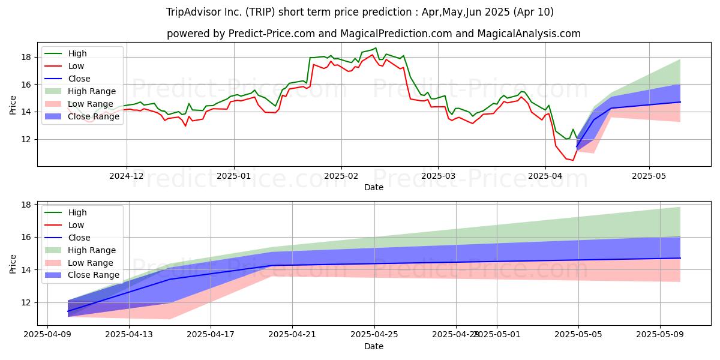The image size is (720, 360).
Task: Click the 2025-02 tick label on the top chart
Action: coord(341,176)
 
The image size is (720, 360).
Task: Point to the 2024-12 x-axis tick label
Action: coord(126,176)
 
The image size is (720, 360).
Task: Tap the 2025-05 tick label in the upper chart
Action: coord(649,176)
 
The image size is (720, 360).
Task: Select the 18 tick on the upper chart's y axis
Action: coord(26,57)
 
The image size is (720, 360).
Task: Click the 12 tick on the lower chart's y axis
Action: coord(26,302)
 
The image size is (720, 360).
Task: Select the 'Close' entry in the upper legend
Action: coord(79,79)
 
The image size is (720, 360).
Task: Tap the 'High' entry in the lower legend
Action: coord(77,212)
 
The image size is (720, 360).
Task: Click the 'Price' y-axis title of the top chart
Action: coord(13,104)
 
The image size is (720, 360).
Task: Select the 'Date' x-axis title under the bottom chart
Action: coord(373,346)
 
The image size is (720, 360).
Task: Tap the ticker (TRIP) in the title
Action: coord(262,12)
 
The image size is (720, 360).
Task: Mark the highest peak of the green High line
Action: coord(376,48)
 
